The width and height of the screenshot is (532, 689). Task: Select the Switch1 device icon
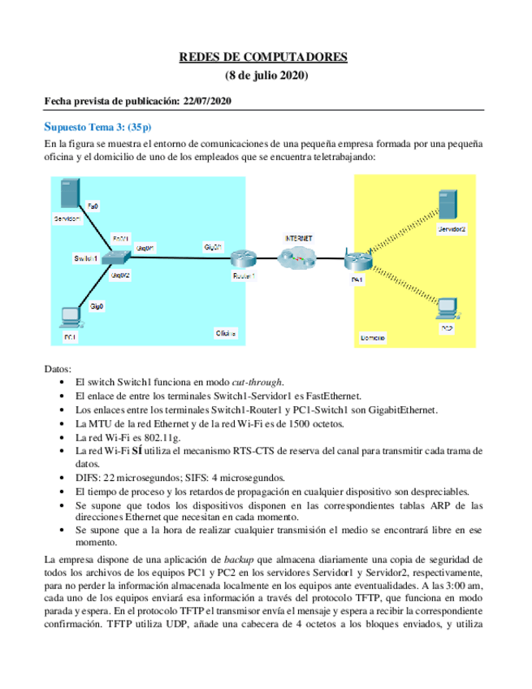pyautogui.click(x=119, y=258)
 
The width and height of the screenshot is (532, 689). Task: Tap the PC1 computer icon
pyautogui.click(x=69, y=317)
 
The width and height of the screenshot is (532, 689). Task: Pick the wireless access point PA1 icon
pyautogui.click(x=357, y=262)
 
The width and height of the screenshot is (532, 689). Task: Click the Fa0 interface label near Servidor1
pyautogui.click(x=93, y=207)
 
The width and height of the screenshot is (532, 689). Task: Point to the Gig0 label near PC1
pyautogui.click(x=96, y=306)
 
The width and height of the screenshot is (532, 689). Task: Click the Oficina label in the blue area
pyautogui.click(x=225, y=333)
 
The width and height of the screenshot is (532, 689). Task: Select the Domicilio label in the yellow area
pyautogui.click(x=373, y=336)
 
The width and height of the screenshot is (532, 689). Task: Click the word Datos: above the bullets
pyautogui.click(x=58, y=368)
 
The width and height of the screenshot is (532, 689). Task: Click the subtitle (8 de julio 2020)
pyautogui.click(x=266, y=76)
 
